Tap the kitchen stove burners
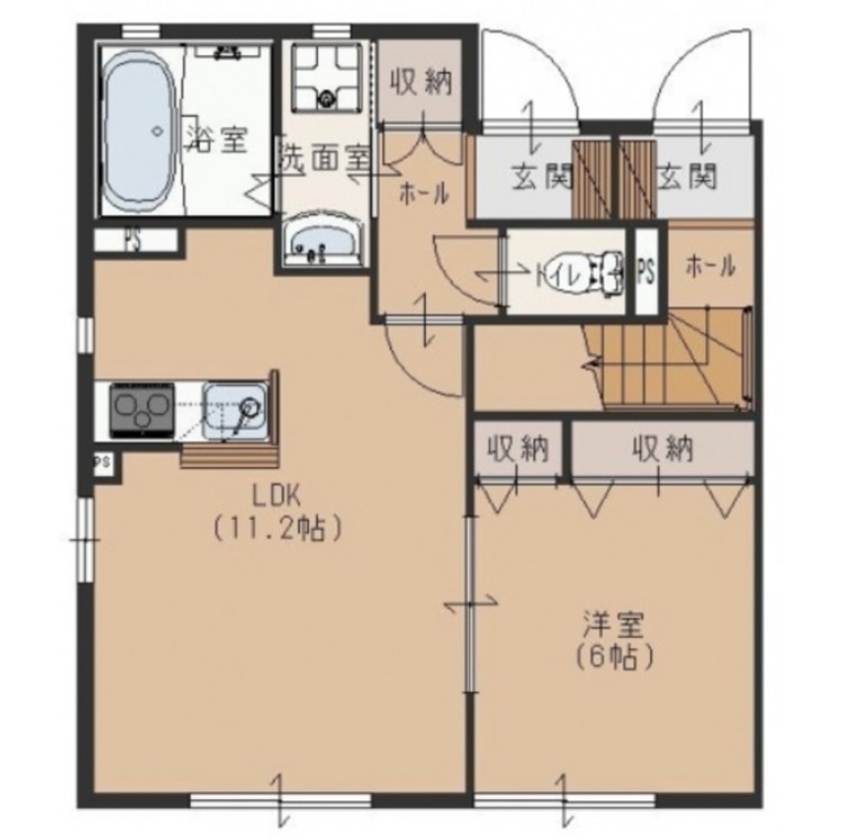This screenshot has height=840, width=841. point(142,409)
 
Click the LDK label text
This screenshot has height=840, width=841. point(276,497)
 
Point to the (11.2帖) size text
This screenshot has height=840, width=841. point(277,529)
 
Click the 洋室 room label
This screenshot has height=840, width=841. point(613,624)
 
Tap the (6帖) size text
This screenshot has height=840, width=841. point(614,657)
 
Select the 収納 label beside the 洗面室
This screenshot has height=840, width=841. point(421,82)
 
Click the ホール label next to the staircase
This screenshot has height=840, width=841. point(710,265)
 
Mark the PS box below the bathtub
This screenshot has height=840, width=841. point(136,240)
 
